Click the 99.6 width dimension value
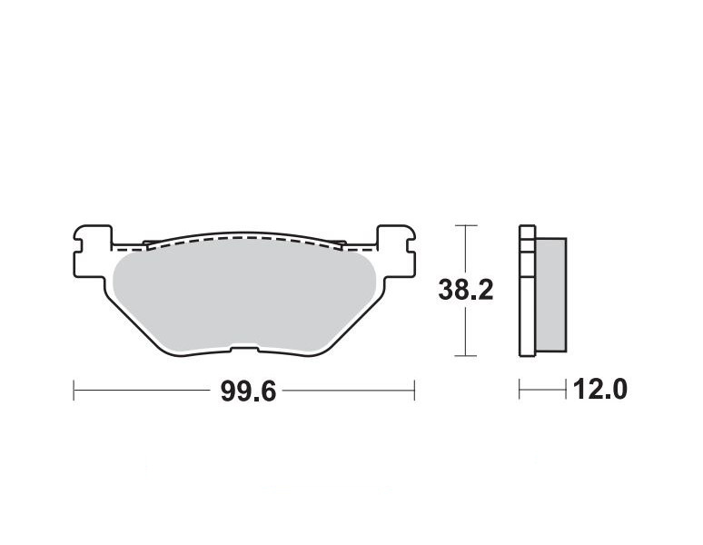tap(248, 391)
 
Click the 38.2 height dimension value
tap(465, 290)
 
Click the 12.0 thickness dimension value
tap(599, 389)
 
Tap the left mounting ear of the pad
tap(93, 252)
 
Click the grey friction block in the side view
tap(551, 294)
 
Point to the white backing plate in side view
tap(527, 291)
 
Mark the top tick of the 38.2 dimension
tap(466, 225)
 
